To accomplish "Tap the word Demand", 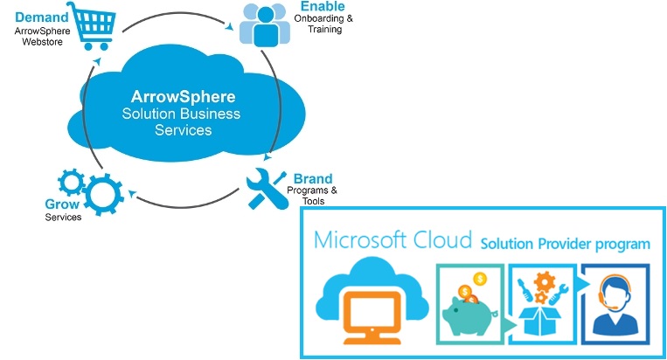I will click(39, 17).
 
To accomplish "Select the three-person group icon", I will click(262, 24).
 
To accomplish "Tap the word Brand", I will click(312, 178).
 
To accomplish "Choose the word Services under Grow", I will click(63, 217).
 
